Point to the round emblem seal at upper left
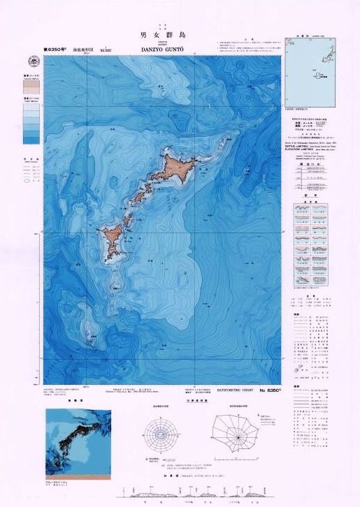[33, 60]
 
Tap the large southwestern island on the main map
[112, 237]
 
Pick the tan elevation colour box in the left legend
[31, 84]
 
